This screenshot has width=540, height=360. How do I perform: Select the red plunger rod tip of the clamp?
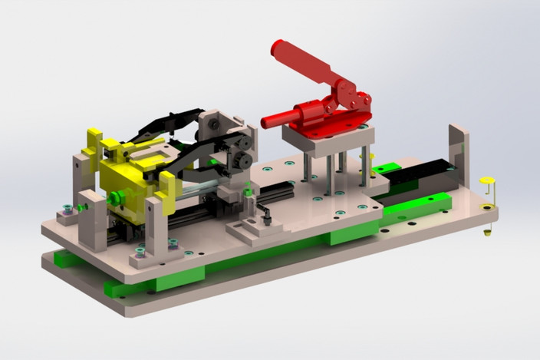pyautogui.click(x=268, y=121)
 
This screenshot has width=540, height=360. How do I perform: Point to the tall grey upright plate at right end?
pyautogui.click(x=459, y=161)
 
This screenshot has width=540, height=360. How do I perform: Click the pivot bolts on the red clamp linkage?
pyautogui.click(x=353, y=99)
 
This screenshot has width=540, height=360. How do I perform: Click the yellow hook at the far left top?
pyautogui.click(x=94, y=140)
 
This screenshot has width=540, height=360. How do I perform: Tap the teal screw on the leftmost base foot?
pyautogui.click(x=67, y=209)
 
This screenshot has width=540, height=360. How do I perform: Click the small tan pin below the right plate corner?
pyautogui.click(x=487, y=231)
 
